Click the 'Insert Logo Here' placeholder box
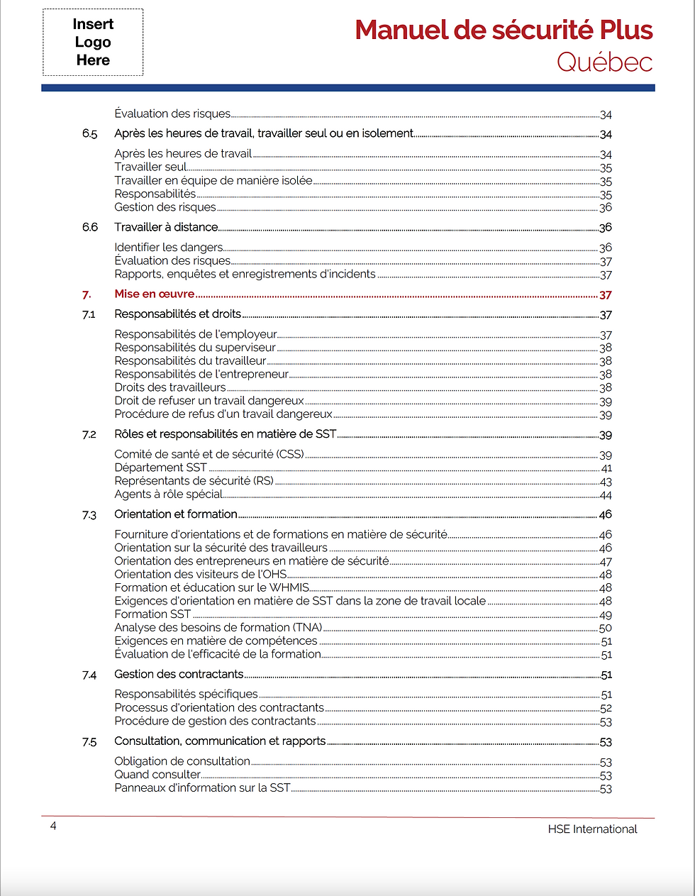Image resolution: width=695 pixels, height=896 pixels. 93,43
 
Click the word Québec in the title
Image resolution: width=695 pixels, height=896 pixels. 604,62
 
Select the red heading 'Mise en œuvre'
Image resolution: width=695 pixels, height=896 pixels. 155,294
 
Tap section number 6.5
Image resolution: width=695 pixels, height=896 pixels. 89,134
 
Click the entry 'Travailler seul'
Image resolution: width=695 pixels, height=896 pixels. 150,167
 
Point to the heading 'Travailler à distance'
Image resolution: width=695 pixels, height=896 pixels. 166,228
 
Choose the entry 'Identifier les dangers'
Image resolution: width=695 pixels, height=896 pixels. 169,248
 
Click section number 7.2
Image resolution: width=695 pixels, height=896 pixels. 89,435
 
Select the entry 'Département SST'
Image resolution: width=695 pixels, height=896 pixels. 161,468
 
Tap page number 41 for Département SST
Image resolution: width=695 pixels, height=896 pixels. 606,469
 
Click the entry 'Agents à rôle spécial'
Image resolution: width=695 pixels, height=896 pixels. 169,494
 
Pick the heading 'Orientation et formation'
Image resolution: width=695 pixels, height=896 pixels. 176,514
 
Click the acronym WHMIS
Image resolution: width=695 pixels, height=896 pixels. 289,587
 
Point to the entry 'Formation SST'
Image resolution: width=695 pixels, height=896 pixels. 152,614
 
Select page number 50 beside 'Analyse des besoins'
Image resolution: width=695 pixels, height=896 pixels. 606,629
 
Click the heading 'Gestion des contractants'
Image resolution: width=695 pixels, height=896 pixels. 179,675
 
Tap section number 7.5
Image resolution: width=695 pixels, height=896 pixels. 89,742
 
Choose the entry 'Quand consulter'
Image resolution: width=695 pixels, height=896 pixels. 157,775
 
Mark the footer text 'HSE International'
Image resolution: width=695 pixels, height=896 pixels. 592,829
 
